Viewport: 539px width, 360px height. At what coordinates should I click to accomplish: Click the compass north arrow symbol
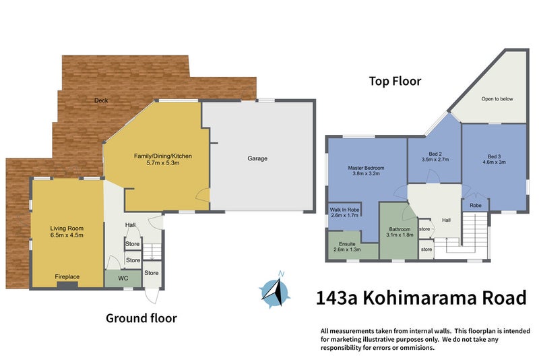pyautogui.click(x=275, y=290)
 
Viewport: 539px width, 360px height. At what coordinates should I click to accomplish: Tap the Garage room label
pyautogui.click(x=257, y=159)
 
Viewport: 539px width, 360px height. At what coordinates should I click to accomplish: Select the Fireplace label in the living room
pyautogui.click(x=67, y=276)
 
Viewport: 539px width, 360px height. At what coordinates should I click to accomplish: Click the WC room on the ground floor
pyautogui.click(x=123, y=278)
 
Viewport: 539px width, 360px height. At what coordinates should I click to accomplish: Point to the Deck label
pyautogui.click(x=101, y=100)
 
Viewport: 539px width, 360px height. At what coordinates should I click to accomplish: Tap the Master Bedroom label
pyautogui.click(x=366, y=168)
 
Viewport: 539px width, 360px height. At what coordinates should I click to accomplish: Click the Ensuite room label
pyautogui.click(x=347, y=245)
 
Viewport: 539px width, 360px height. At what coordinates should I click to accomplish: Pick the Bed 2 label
pyautogui.click(x=435, y=156)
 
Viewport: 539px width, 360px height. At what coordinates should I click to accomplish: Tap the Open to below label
pyautogui.click(x=497, y=99)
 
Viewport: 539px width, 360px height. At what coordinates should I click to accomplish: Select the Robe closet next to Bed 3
pyautogui.click(x=475, y=205)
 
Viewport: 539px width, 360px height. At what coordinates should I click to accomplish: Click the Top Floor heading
pyautogui.click(x=394, y=81)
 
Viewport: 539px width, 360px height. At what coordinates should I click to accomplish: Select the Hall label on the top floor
pyautogui.click(x=446, y=220)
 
